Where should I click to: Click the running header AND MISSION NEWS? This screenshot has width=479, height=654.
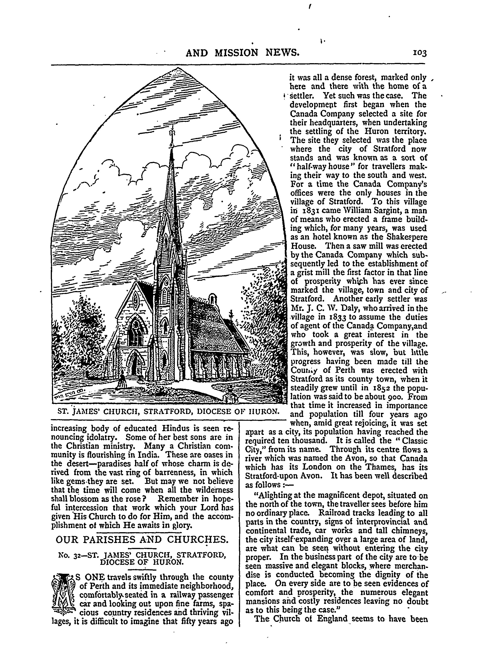pos(242,52)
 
